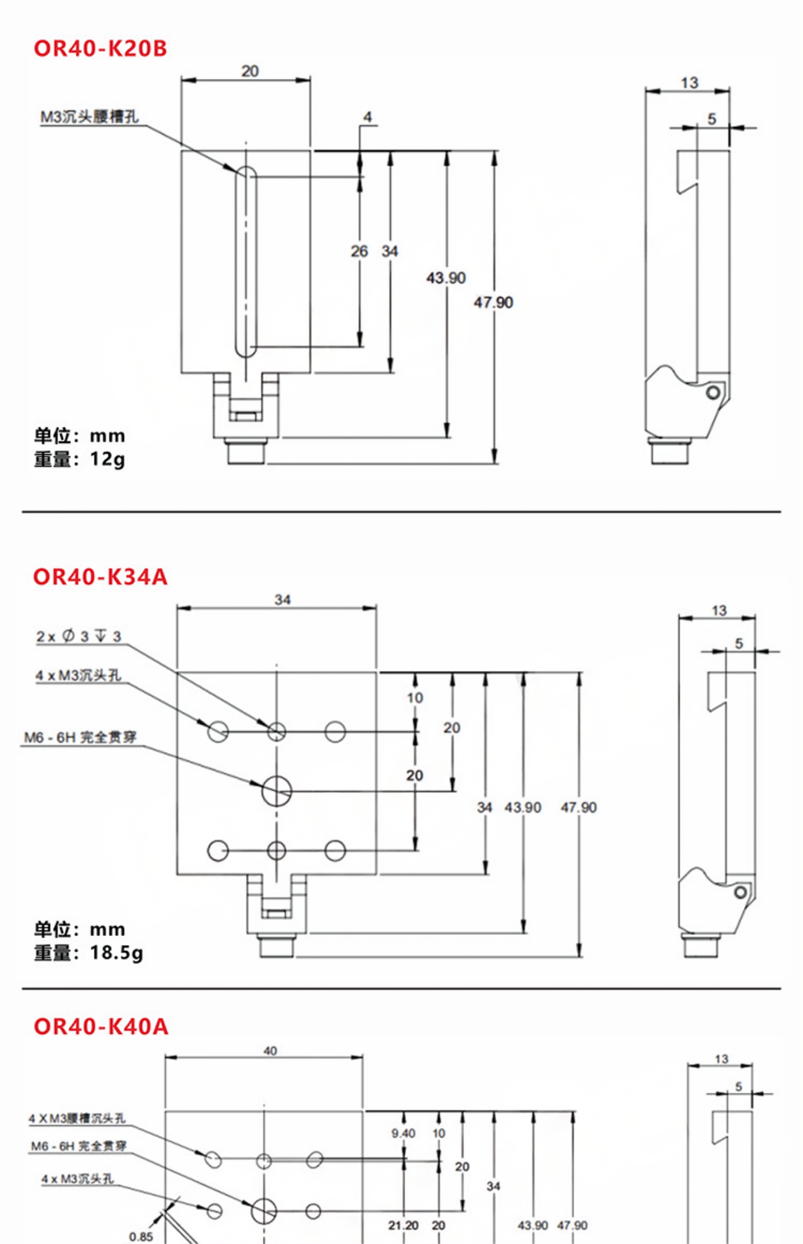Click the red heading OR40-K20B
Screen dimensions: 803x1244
100,49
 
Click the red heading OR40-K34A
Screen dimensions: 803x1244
100,577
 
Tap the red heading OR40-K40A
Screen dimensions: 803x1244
101,1027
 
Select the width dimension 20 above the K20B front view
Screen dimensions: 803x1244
250,71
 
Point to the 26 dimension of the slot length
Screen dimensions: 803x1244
359,251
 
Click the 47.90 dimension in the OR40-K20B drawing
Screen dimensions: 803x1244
493,303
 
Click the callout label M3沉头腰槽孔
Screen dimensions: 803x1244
90,117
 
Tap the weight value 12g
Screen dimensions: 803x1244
107,459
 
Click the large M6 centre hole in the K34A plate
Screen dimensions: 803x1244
277,791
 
